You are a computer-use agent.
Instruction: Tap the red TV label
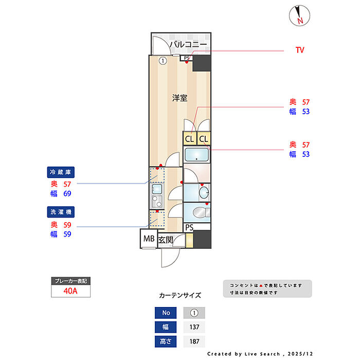[300, 50]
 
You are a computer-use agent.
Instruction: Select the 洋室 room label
[179, 97]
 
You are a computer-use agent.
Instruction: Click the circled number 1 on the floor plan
[163, 61]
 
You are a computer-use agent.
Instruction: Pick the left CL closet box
[190, 139]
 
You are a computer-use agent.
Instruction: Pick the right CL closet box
[204, 139]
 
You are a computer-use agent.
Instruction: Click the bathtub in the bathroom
[196, 155]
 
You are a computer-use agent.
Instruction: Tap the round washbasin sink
[203, 193]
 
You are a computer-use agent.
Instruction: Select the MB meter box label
[149, 239]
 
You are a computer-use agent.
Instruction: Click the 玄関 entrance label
[165, 240]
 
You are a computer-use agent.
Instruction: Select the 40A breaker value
[71, 291]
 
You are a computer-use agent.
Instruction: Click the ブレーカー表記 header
[71, 281]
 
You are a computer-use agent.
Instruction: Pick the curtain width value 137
[194, 327]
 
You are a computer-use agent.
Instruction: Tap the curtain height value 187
[194, 341]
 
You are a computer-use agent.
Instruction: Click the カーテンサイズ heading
[180, 296]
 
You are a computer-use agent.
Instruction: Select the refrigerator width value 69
[67, 194]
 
